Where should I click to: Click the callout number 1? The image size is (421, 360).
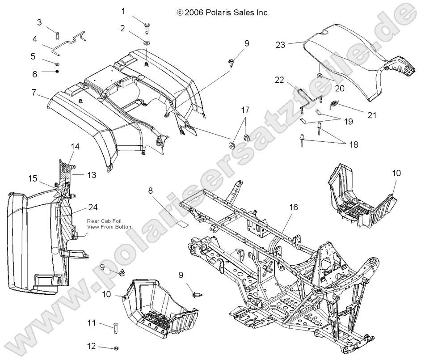124,11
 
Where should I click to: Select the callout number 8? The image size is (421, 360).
151,191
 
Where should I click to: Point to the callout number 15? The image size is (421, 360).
32,178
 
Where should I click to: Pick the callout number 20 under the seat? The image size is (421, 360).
340,88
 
